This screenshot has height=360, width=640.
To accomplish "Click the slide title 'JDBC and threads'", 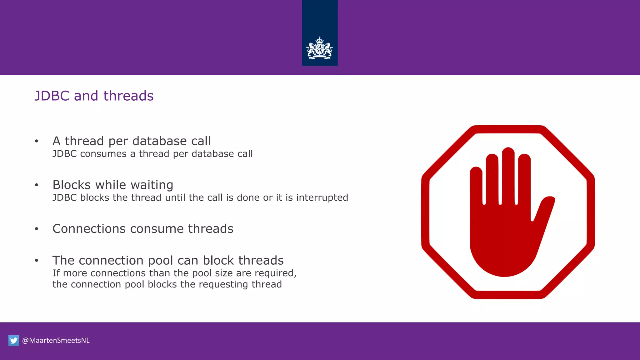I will [94, 96].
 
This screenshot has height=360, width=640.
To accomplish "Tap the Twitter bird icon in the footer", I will [13, 340].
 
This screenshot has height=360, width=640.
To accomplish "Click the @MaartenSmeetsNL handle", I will [56, 340].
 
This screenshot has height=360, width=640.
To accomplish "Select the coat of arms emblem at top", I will [319, 48].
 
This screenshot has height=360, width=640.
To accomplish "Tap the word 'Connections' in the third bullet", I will [89, 229].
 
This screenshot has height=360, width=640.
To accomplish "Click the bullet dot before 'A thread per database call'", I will [37, 141].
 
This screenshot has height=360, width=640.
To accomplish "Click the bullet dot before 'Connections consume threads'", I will [37, 229].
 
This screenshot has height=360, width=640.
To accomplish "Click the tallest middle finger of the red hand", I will [508, 175].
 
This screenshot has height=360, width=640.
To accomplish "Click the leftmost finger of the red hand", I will [476, 187].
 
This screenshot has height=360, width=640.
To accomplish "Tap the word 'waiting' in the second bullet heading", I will [152, 185].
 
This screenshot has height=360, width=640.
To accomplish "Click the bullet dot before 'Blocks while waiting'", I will [37, 185].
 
